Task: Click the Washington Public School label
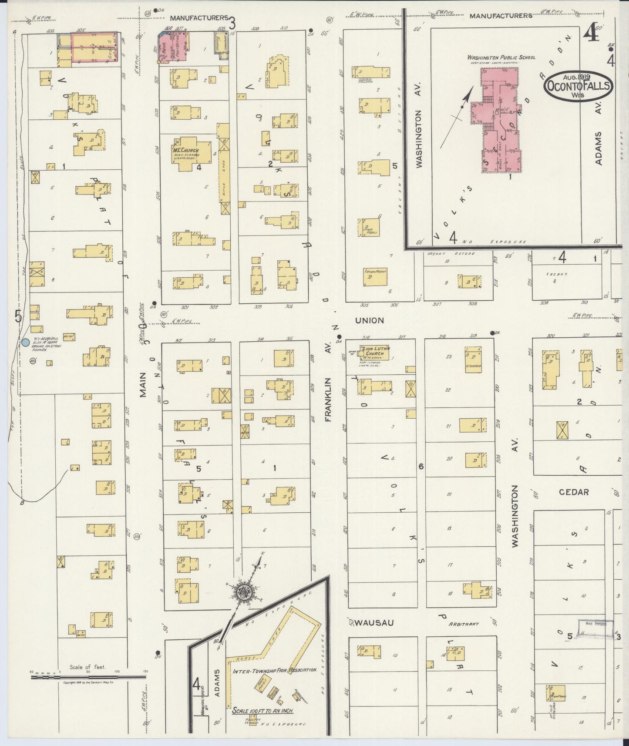501,57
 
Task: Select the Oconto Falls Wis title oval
578,86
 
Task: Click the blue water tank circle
26,343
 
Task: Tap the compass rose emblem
242,590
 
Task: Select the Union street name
370,320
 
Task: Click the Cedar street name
574,492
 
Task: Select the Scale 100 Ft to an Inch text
262,711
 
